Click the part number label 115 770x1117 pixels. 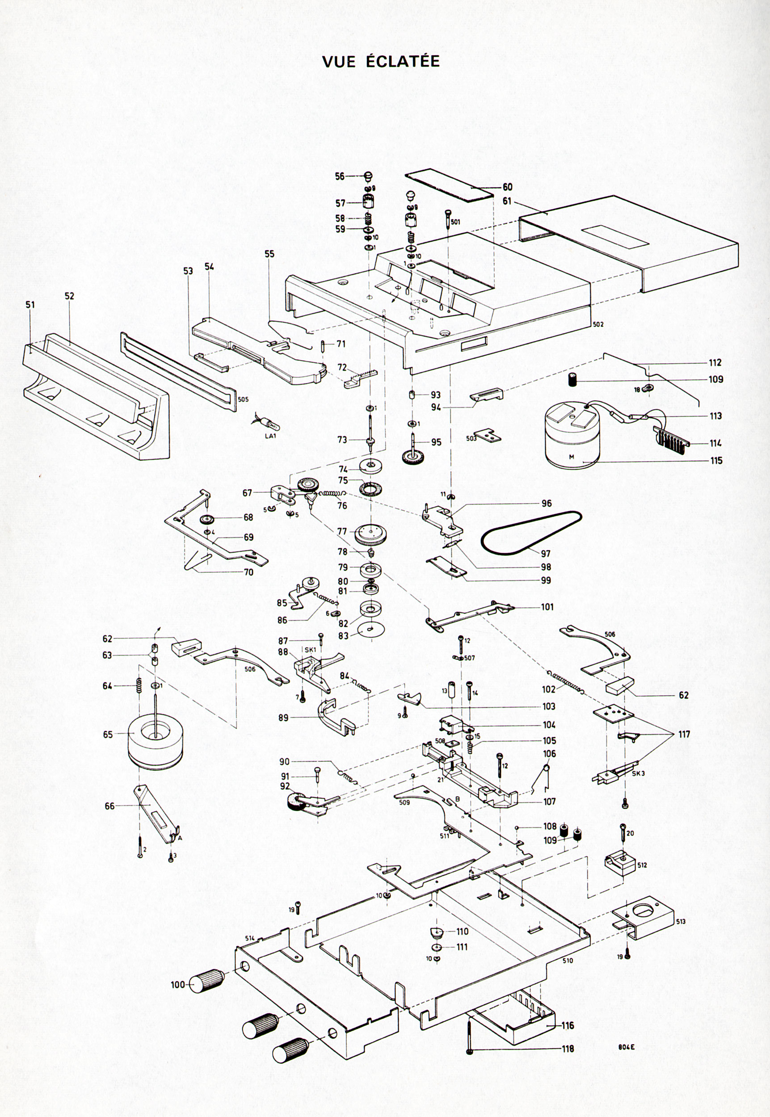(x=716, y=461)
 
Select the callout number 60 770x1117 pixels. (x=507, y=187)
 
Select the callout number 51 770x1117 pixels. (x=30, y=305)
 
